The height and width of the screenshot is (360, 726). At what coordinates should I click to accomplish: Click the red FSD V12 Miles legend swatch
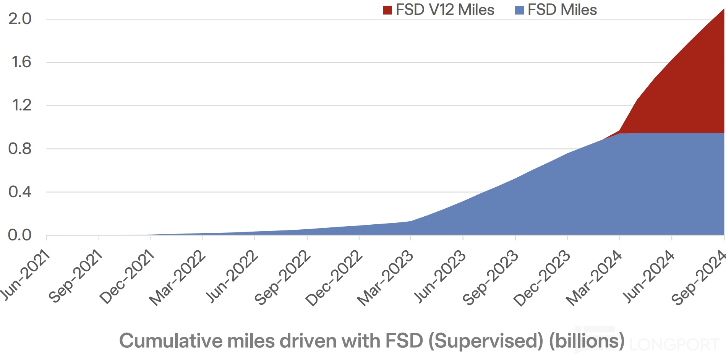[387, 10]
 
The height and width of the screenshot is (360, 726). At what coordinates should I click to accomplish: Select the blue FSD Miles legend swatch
[519, 10]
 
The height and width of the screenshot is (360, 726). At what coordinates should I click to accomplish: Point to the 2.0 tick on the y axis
[20, 19]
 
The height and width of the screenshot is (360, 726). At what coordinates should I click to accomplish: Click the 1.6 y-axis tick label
[21, 62]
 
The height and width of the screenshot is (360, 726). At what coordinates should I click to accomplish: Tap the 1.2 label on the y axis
[21, 105]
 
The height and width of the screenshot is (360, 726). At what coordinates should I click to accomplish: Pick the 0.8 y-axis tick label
[20, 148]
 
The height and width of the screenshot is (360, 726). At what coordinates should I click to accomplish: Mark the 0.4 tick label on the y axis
[20, 191]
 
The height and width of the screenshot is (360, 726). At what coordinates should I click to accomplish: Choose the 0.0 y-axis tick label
[20, 235]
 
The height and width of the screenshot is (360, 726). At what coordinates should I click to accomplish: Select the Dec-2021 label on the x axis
[127, 277]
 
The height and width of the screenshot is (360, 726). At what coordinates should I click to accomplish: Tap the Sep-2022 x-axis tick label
[283, 277]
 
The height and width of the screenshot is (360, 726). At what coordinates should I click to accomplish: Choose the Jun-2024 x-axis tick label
[649, 276]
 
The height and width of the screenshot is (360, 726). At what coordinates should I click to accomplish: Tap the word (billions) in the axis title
[587, 341]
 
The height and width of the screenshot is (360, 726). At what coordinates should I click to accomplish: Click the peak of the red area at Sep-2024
[723, 10]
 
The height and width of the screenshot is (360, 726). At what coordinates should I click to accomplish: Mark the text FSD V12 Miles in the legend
[445, 10]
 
